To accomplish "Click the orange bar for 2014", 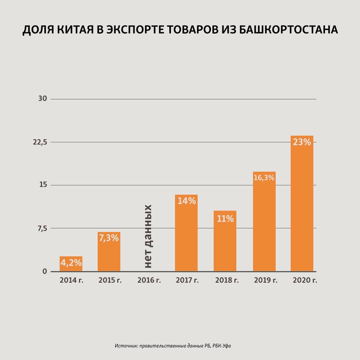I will (71, 264).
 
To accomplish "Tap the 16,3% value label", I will (264, 178).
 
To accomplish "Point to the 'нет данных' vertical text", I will (148, 236).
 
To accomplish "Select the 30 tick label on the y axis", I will (43, 99).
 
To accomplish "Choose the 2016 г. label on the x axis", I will (149, 280).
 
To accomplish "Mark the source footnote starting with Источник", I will (173, 346).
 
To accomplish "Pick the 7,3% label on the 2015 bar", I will (109, 238).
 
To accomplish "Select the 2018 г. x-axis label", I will (227, 280).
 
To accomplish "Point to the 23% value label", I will (302, 142).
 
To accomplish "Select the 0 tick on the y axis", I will (45, 271).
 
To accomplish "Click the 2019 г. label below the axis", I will (266, 280).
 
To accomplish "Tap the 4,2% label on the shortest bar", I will (71, 263).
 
